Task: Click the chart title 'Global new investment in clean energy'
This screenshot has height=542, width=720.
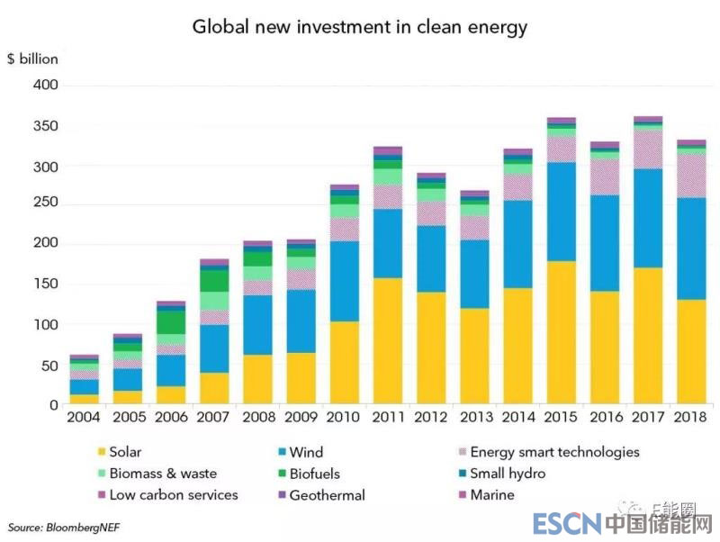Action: pos(360,27)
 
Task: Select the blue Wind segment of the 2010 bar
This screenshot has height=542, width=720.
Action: pos(345,281)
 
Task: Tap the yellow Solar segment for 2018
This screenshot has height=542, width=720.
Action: pos(691,352)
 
